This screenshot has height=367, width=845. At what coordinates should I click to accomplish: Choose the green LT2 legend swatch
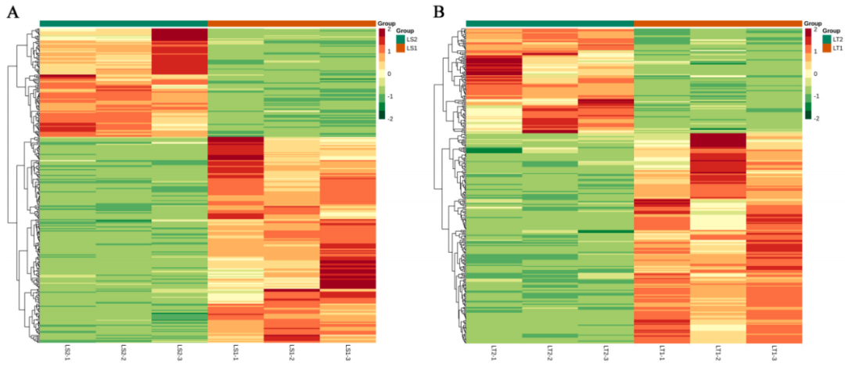pyautogui.click(x=826, y=38)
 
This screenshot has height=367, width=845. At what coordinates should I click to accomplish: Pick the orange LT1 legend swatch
pyautogui.click(x=826, y=49)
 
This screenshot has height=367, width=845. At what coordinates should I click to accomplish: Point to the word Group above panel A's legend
pyautogui.click(x=387, y=24)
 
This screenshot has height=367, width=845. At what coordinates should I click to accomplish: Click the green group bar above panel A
pyautogui.click(x=124, y=23)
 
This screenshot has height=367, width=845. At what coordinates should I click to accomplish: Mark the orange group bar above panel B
pyautogui.click(x=717, y=23)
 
